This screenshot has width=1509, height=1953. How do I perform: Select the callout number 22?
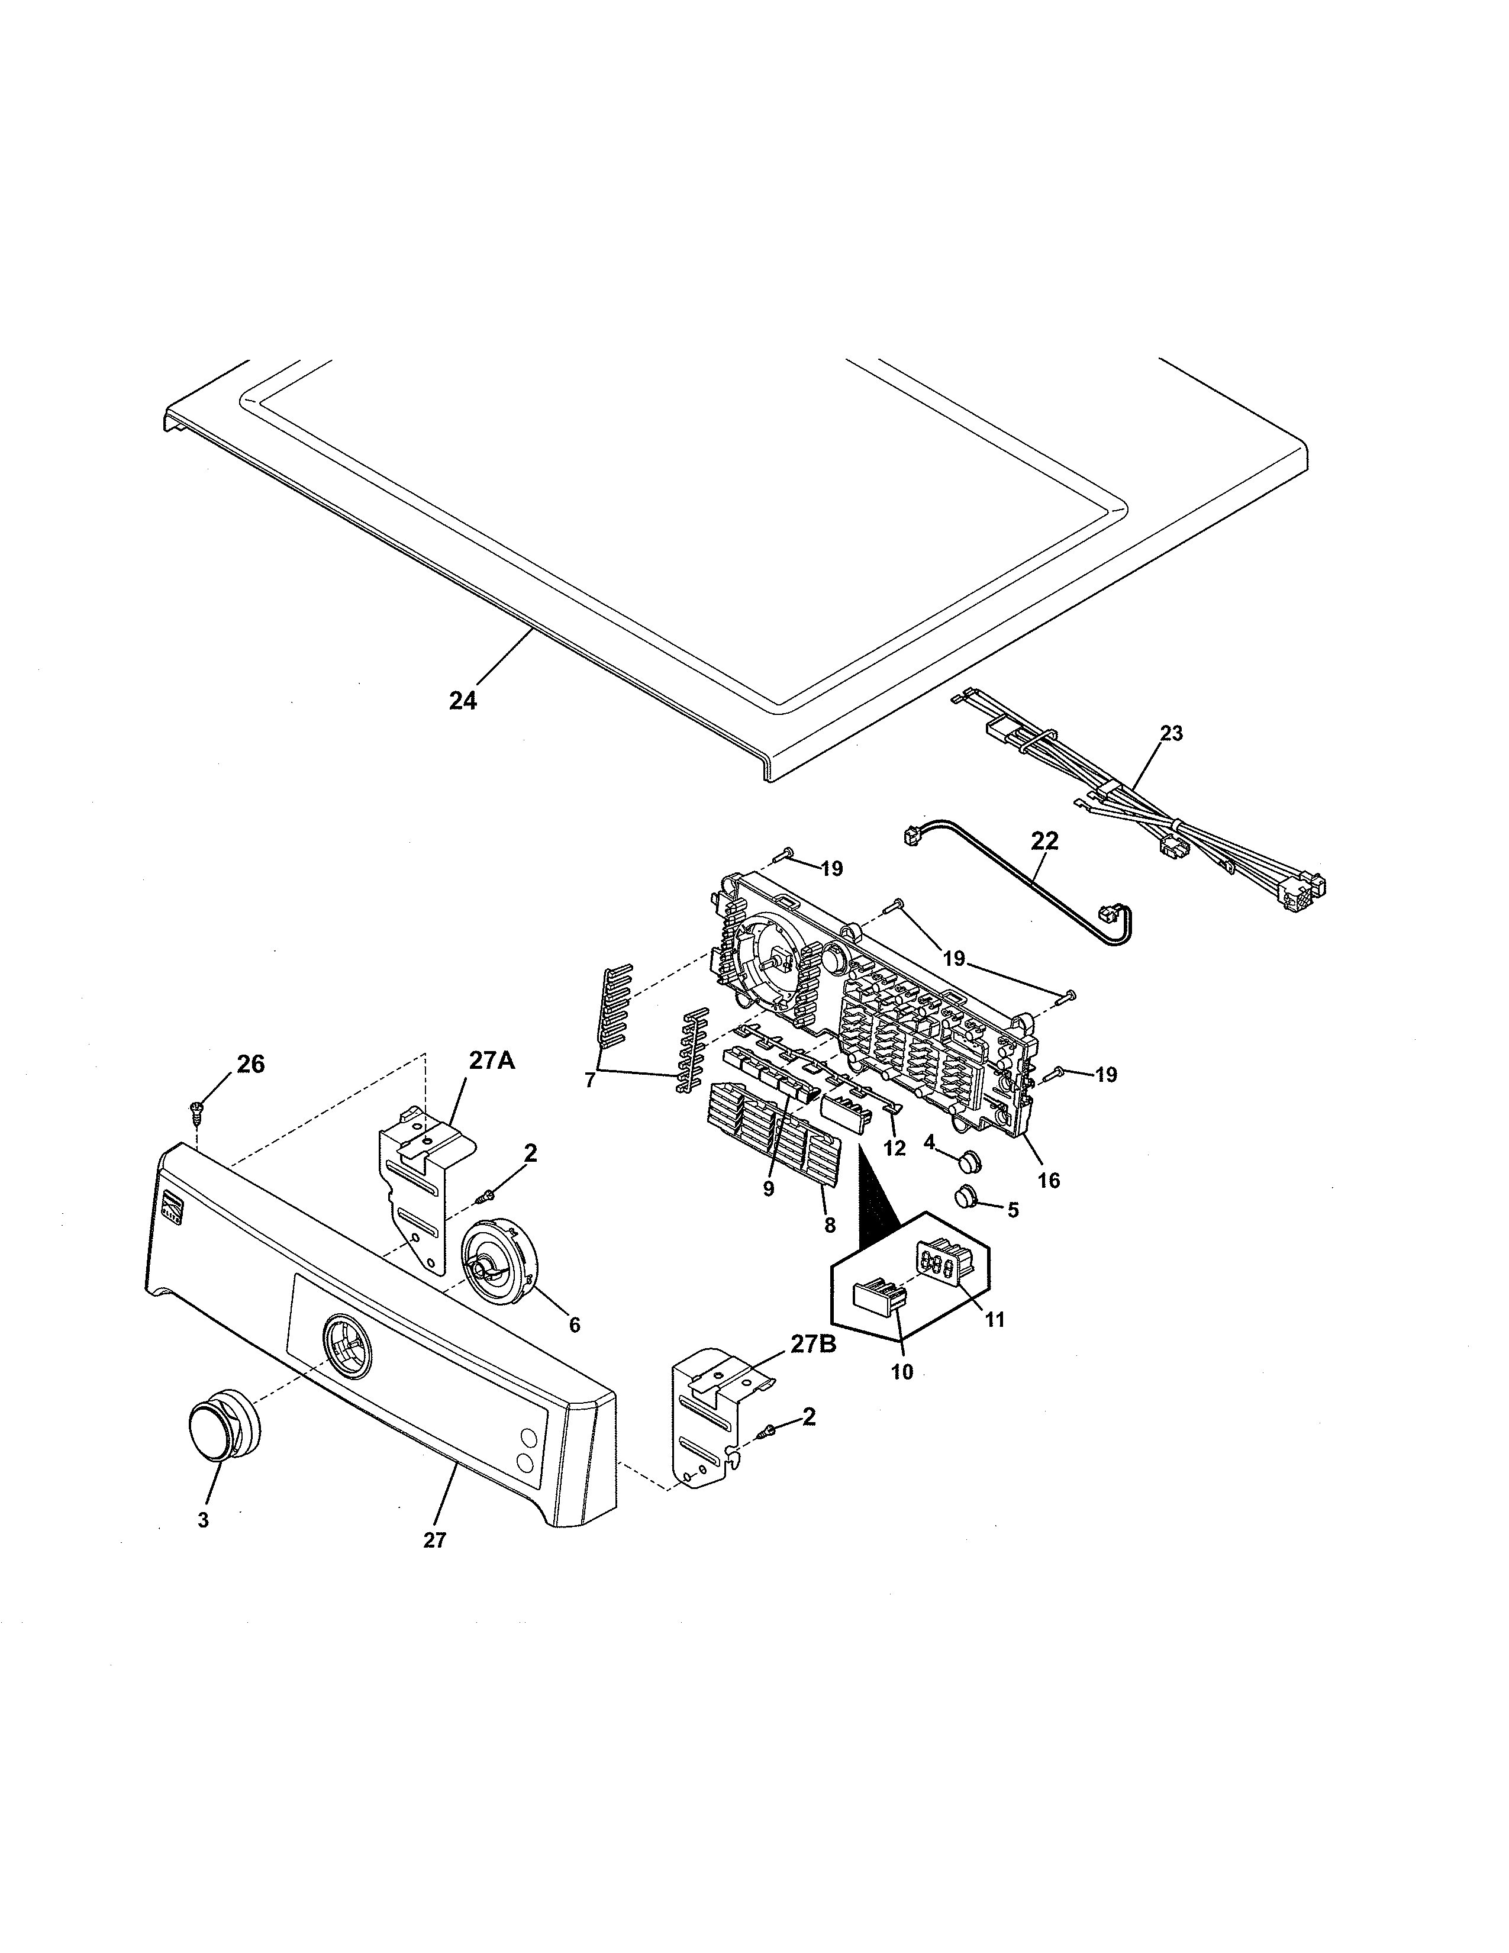coord(1044,840)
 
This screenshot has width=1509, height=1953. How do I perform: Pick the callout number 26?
coord(251,1064)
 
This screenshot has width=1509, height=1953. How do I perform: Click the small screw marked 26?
coord(196,1111)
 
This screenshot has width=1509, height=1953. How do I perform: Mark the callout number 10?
coord(902,1372)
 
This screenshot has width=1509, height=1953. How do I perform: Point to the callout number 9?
coord(769,1190)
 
